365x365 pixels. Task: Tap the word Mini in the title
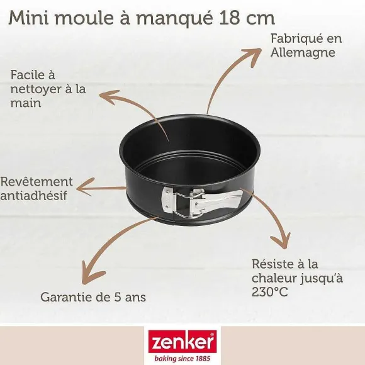click(29, 18)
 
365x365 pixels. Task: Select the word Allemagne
click(303, 52)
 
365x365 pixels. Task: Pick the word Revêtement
click(36, 182)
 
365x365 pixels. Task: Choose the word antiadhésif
click(34, 195)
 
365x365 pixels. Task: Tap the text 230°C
click(270, 292)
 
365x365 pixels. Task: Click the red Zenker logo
click(182, 342)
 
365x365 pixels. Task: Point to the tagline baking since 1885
click(182, 358)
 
